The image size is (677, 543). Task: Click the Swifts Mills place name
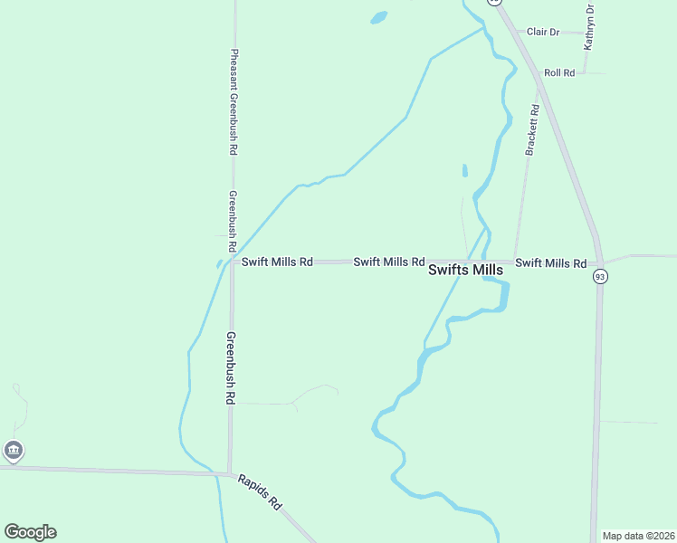point(464,270)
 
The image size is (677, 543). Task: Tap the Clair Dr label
point(543,32)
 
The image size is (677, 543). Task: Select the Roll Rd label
point(559,72)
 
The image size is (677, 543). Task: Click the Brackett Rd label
point(533,130)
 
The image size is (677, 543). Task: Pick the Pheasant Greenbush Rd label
point(234,100)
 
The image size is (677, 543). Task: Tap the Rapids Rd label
point(261,490)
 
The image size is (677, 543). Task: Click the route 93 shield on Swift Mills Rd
point(599,276)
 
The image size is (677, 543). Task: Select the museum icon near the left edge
point(13,450)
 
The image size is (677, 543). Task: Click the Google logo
point(30,532)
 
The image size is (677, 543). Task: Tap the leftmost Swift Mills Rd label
point(277,262)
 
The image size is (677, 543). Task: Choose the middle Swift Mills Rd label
point(388,262)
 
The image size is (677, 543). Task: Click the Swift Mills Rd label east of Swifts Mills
point(550,262)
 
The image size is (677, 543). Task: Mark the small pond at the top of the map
point(378,17)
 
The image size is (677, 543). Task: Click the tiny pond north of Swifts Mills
point(465,170)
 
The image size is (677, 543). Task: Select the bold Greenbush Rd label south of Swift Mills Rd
point(231,367)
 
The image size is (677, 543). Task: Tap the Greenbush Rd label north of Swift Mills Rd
point(233,220)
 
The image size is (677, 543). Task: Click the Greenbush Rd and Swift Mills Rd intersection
point(232,262)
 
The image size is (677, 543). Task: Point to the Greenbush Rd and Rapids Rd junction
point(230,472)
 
